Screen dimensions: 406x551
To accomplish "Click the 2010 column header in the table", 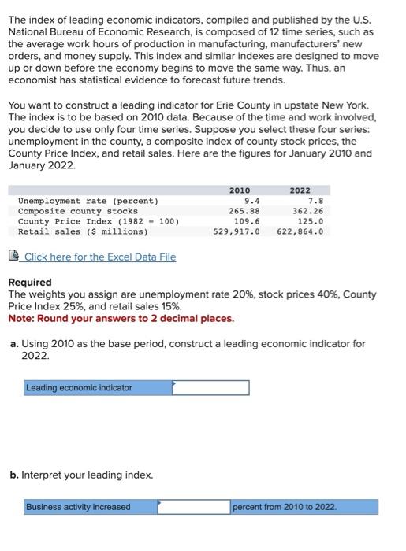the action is click(x=240, y=190).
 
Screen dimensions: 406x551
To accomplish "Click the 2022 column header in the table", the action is click(x=300, y=190).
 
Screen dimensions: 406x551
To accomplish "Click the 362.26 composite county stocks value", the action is click(x=307, y=211).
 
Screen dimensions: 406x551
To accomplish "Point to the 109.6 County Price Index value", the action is click(x=247, y=221).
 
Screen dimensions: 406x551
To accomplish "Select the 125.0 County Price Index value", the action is click(x=310, y=221).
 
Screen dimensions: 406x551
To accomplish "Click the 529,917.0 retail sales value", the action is click(x=237, y=231).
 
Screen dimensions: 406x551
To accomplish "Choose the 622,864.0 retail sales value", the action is click(x=300, y=231).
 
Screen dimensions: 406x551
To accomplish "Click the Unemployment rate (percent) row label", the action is click(x=88, y=201).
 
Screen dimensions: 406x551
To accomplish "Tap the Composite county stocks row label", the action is click(x=77, y=211).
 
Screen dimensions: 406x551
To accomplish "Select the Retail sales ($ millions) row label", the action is click(x=82, y=231).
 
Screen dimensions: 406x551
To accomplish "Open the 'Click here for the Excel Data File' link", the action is click(x=99, y=257).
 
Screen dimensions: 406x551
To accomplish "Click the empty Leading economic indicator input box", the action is click(x=210, y=388).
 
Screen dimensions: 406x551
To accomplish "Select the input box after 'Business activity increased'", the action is click(x=193, y=507).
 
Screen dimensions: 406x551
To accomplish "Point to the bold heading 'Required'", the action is click(x=29, y=283).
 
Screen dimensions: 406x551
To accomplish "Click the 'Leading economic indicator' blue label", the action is click(x=79, y=388).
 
